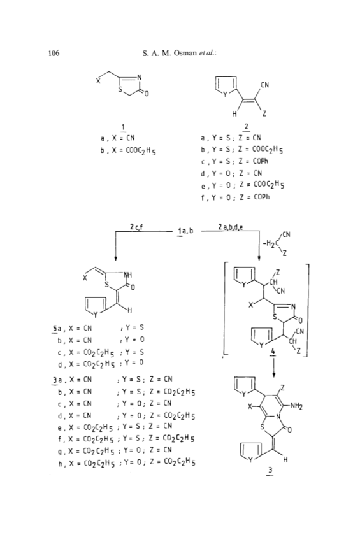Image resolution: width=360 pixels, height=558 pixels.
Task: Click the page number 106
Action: tap(54, 54)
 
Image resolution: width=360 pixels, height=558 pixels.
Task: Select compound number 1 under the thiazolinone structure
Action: tap(123, 127)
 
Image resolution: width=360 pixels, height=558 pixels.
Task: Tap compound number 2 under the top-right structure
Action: tap(247, 127)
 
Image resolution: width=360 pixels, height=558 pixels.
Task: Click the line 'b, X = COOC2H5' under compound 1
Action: tap(128, 151)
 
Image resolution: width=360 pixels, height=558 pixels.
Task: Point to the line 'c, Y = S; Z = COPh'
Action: tap(234, 161)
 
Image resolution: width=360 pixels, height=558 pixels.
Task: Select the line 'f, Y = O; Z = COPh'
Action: tap(235, 197)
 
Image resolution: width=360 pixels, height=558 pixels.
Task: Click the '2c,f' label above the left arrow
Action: tap(136, 227)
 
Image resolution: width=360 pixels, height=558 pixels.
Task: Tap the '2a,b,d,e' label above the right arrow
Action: tap(231, 227)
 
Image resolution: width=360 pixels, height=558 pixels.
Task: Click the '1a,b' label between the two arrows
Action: tap(185, 231)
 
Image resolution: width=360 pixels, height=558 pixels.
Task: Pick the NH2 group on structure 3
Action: tap(296, 406)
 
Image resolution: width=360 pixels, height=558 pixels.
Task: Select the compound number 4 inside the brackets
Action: tap(273, 352)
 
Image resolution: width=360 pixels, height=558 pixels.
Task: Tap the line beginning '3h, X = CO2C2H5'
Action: tap(127, 463)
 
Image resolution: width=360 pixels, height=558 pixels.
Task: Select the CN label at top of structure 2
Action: tap(264, 85)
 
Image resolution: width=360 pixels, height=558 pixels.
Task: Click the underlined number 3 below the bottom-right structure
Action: tap(270, 471)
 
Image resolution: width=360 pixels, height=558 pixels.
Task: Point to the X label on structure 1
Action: tap(98, 81)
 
